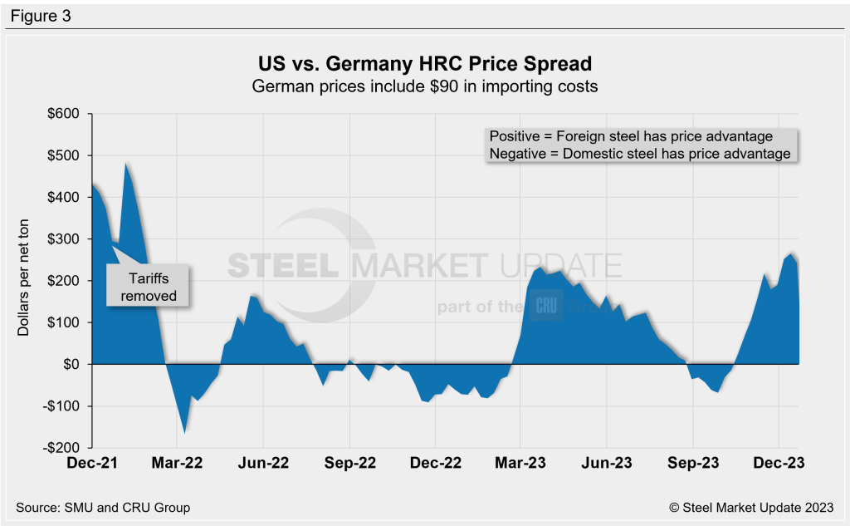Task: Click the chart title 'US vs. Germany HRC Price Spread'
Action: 425,64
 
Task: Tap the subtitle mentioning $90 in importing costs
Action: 425,86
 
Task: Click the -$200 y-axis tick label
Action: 65,448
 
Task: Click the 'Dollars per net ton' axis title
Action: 24,280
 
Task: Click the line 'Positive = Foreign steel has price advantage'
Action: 631,136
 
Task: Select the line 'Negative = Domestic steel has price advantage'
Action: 639,154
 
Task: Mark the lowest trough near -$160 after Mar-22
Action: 184,432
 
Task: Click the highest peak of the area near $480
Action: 126,165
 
